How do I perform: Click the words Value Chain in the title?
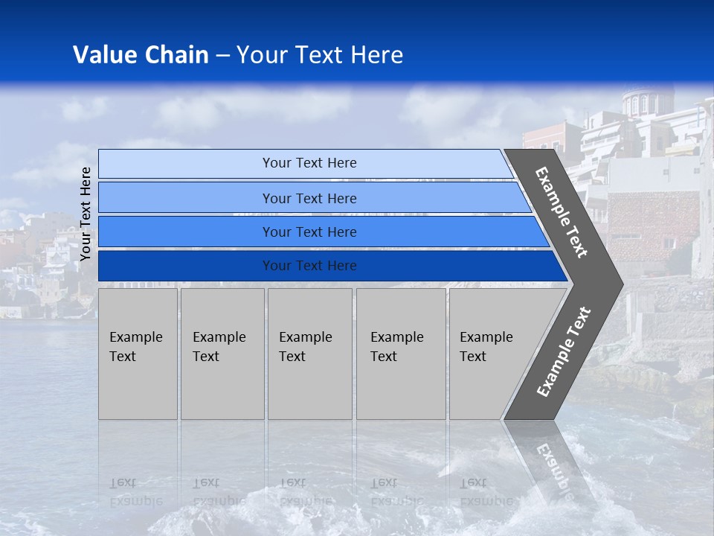[x=141, y=55]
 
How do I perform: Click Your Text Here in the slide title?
[x=320, y=55]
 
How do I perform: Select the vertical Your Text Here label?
[x=86, y=214]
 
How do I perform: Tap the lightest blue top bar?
[x=309, y=163]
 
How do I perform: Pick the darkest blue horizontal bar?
[x=309, y=266]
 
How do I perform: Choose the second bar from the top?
[x=309, y=198]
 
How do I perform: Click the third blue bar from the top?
[x=309, y=232]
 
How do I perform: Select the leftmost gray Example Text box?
[x=138, y=354]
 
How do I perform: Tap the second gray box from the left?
[x=222, y=354]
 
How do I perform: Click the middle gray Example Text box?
[x=309, y=354]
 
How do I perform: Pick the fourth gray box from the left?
[x=401, y=354]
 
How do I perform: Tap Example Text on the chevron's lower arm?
[x=564, y=351]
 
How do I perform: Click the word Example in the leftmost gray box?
[x=135, y=337]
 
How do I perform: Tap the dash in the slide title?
[x=222, y=56]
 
